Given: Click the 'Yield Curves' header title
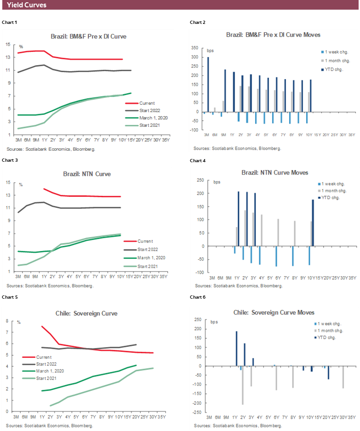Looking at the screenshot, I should (x=27, y=5).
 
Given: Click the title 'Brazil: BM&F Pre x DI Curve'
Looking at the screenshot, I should (x=88, y=36).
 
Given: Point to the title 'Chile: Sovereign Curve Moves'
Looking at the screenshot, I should (x=274, y=312).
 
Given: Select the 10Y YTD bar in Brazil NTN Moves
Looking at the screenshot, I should (x=313, y=222).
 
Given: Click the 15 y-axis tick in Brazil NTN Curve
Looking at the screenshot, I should (x=8, y=182).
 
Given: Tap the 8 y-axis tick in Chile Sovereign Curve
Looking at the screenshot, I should (x=8, y=321).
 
